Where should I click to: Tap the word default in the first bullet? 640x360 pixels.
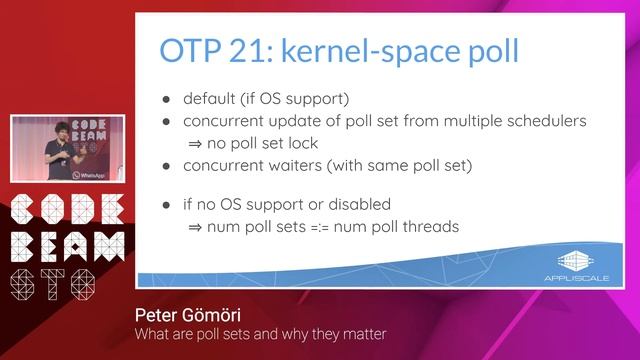click(x=209, y=100)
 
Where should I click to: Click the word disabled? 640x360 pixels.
click(x=357, y=204)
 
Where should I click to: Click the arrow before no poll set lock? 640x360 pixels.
click(x=196, y=143)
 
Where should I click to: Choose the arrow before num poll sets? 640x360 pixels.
click(x=196, y=226)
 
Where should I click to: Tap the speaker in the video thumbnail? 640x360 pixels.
click(x=54, y=145)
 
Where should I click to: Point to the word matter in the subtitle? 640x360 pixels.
click(x=364, y=334)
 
